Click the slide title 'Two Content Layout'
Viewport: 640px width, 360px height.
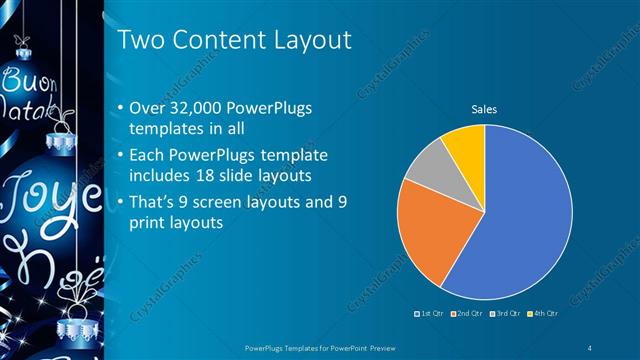[x=234, y=40]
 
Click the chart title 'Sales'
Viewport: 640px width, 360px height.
[x=484, y=109]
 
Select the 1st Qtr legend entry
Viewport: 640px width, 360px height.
[x=432, y=313]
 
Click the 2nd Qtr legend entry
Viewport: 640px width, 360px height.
[x=467, y=313]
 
